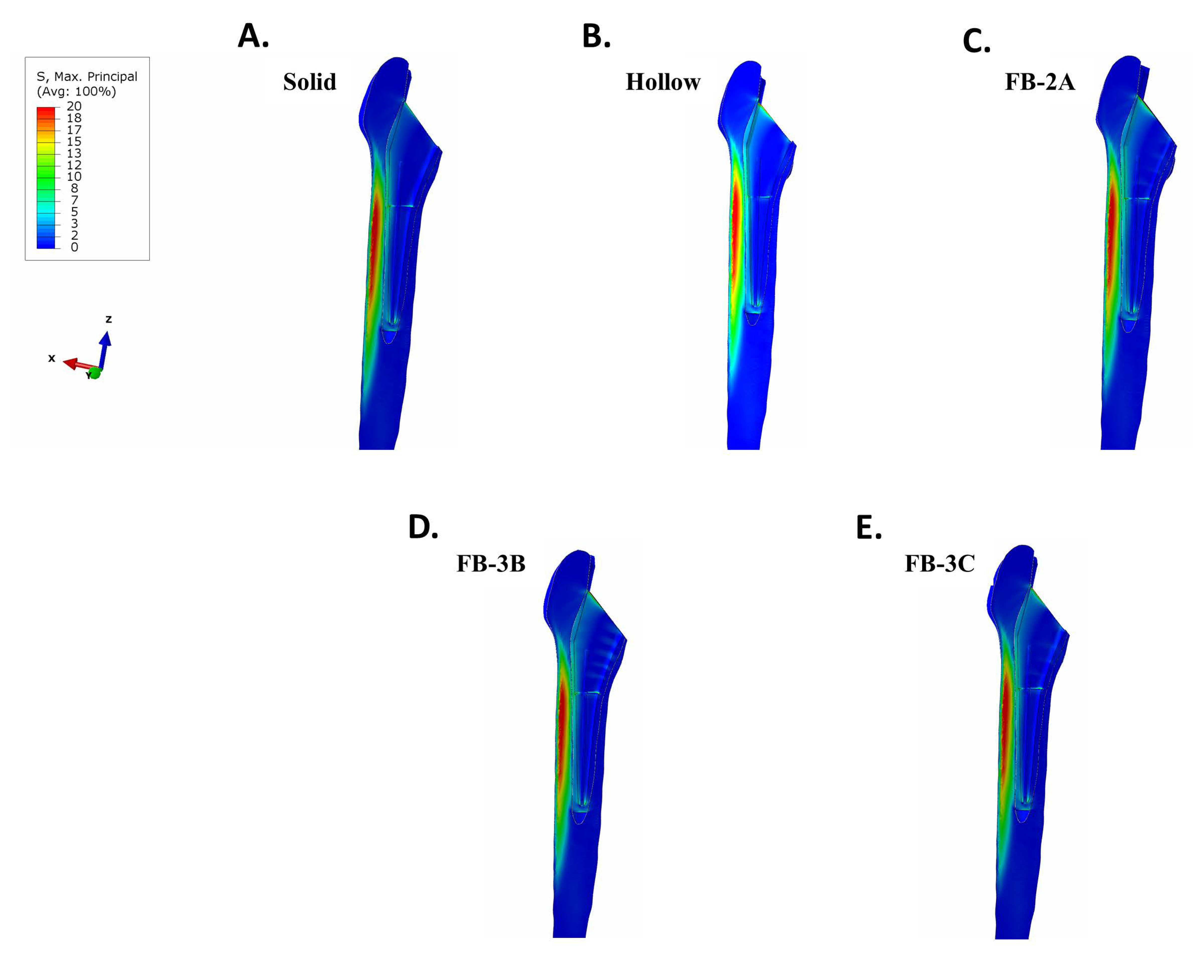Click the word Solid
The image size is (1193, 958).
tap(309, 82)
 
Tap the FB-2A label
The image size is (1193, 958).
tap(1039, 82)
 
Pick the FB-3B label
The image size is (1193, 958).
tap(490, 563)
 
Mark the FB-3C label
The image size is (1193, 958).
tap(939, 563)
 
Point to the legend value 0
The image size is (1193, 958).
tap(74, 247)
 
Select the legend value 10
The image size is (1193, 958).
tap(74, 177)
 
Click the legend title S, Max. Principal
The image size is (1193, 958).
tap(87, 76)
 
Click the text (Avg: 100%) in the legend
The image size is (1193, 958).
tap(76, 91)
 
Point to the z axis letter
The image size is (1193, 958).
tap(108, 319)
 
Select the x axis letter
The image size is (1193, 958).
tap(51, 358)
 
